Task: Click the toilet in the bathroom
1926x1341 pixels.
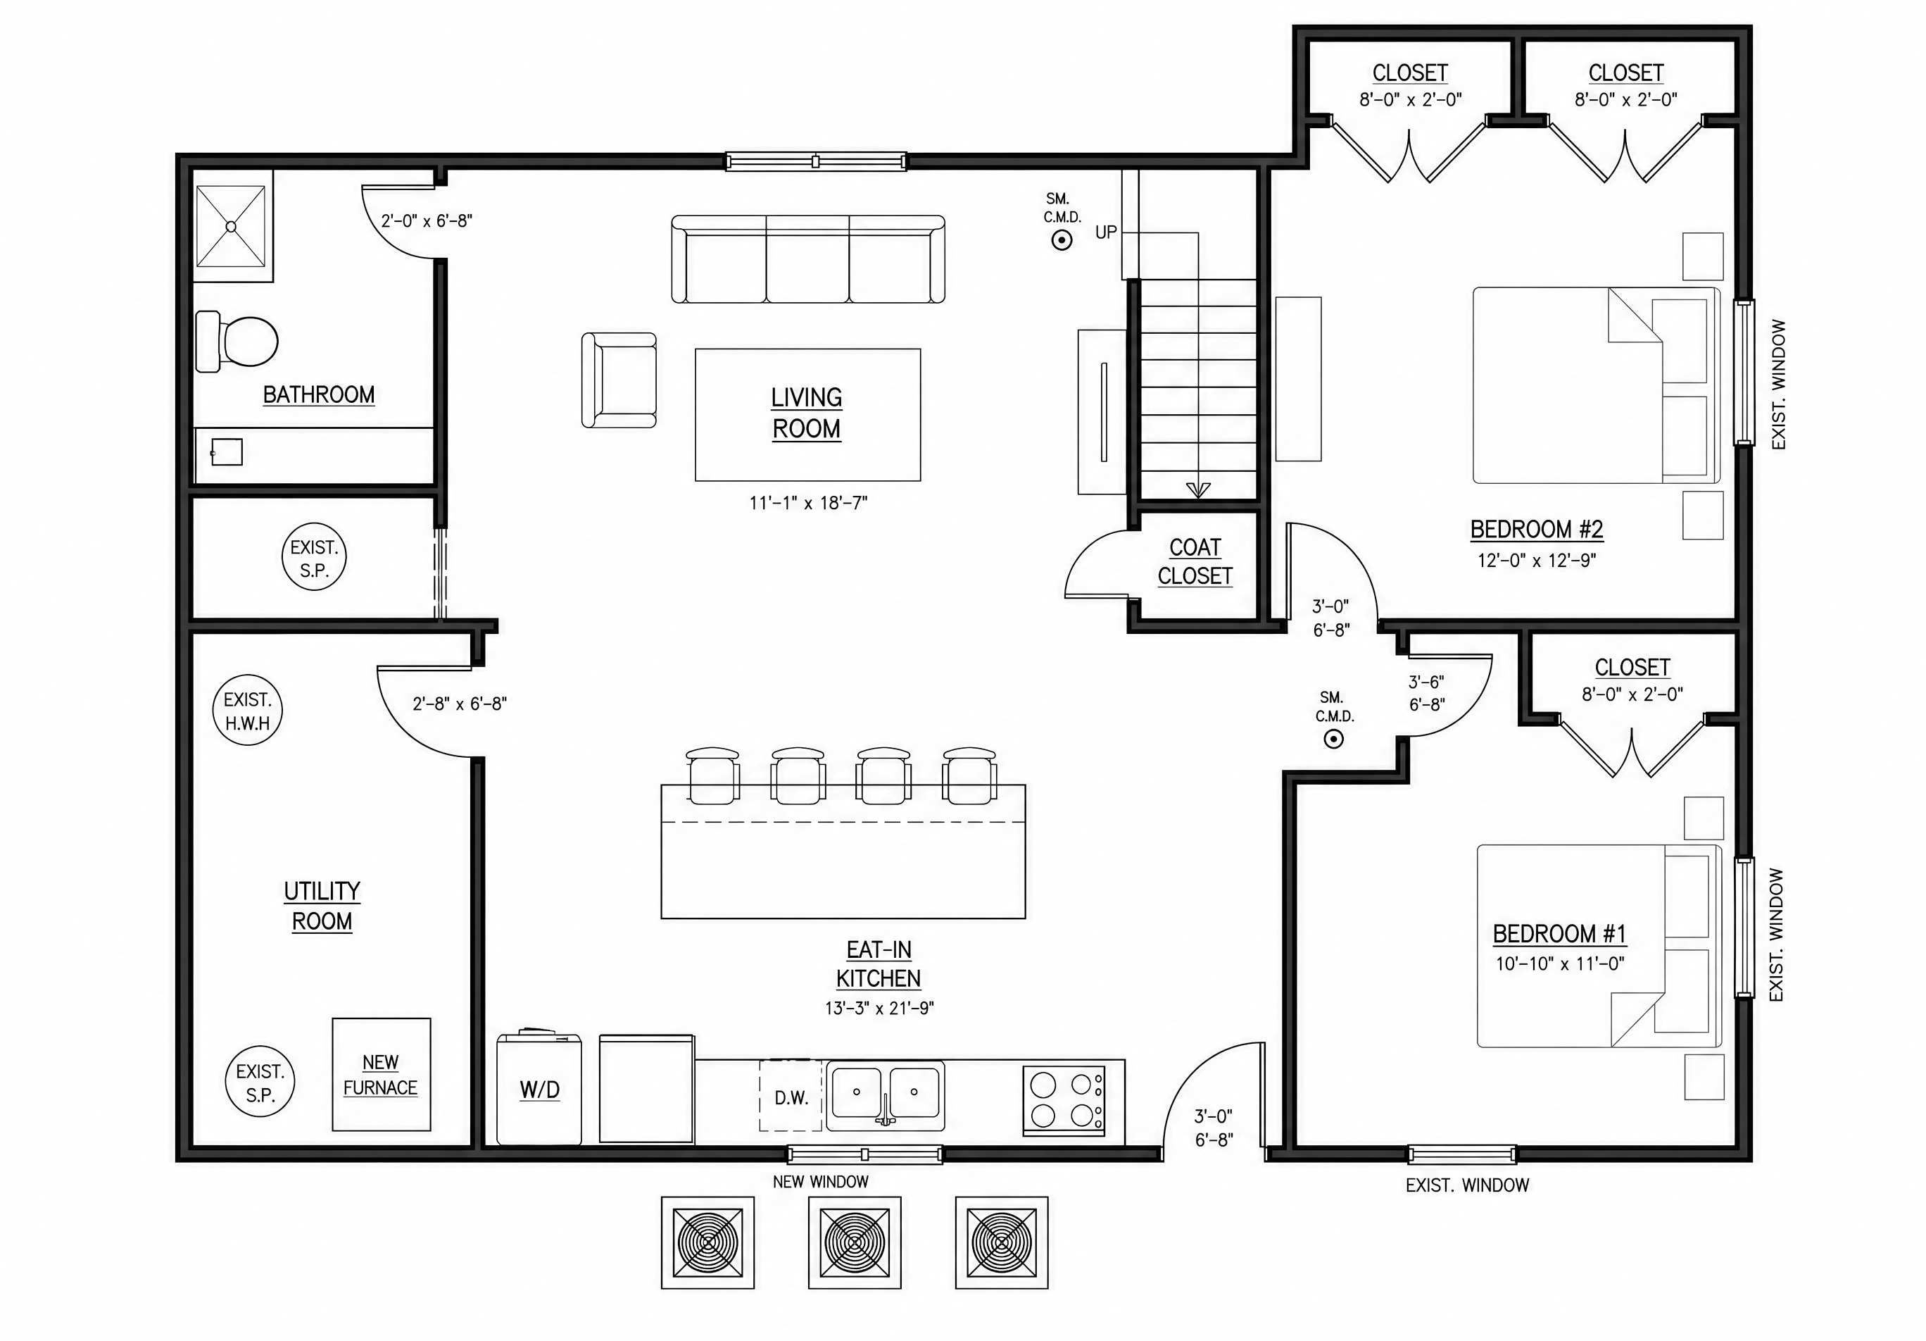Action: coord(237,342)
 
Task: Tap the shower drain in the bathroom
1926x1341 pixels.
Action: coord(232,227)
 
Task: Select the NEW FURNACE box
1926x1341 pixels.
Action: coord(382,1074)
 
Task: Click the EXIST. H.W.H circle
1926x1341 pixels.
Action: coord(248,710)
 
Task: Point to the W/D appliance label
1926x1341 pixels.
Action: coord(539,1090)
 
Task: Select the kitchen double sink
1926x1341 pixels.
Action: coord(885,1095)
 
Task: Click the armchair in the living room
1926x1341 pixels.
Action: coord(619,380)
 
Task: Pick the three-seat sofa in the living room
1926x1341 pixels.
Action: coord(808,258)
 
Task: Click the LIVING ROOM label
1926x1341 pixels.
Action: coord(807,413)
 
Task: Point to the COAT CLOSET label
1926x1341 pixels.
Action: coord(1195,561)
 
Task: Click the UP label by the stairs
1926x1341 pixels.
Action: coord(1106,232)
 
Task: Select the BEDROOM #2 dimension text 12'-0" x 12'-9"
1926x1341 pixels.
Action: coord(1537,561)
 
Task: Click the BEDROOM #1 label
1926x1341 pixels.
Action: coord(1559,933)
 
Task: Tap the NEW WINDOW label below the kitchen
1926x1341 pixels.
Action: coord(820,1182)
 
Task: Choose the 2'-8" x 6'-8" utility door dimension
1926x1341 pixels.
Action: coord(460,704)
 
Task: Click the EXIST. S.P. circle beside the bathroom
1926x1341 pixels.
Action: coord(314,556)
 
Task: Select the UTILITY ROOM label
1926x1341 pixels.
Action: coord(322,906)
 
